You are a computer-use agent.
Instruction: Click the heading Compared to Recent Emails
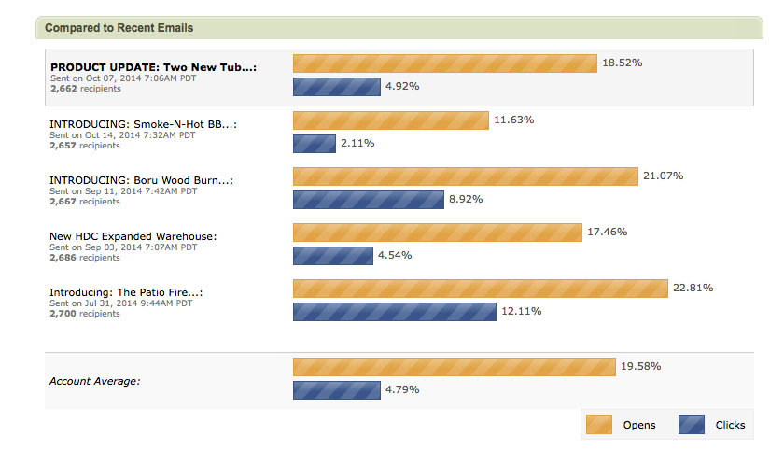(x=119, y=28)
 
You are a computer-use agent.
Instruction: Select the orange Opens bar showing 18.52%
(x=444, y=63)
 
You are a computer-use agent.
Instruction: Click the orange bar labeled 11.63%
(x=390, y=120)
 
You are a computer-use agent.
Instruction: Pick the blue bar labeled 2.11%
(x=315, y=144)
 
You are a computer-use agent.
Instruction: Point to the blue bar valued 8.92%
(x=368, y=200)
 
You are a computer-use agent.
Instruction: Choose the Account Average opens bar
(x=454, y=367)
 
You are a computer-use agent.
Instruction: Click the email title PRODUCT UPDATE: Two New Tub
(x=153, y=67)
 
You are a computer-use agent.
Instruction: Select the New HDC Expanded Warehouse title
(x=133, y=236)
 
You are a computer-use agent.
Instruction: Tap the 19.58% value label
(x=640, y=366)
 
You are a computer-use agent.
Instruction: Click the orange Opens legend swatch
(x=598, y=425)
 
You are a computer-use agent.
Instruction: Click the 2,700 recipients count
(x=85, y=314)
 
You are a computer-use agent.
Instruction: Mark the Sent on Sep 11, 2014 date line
(x=122, y=191)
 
